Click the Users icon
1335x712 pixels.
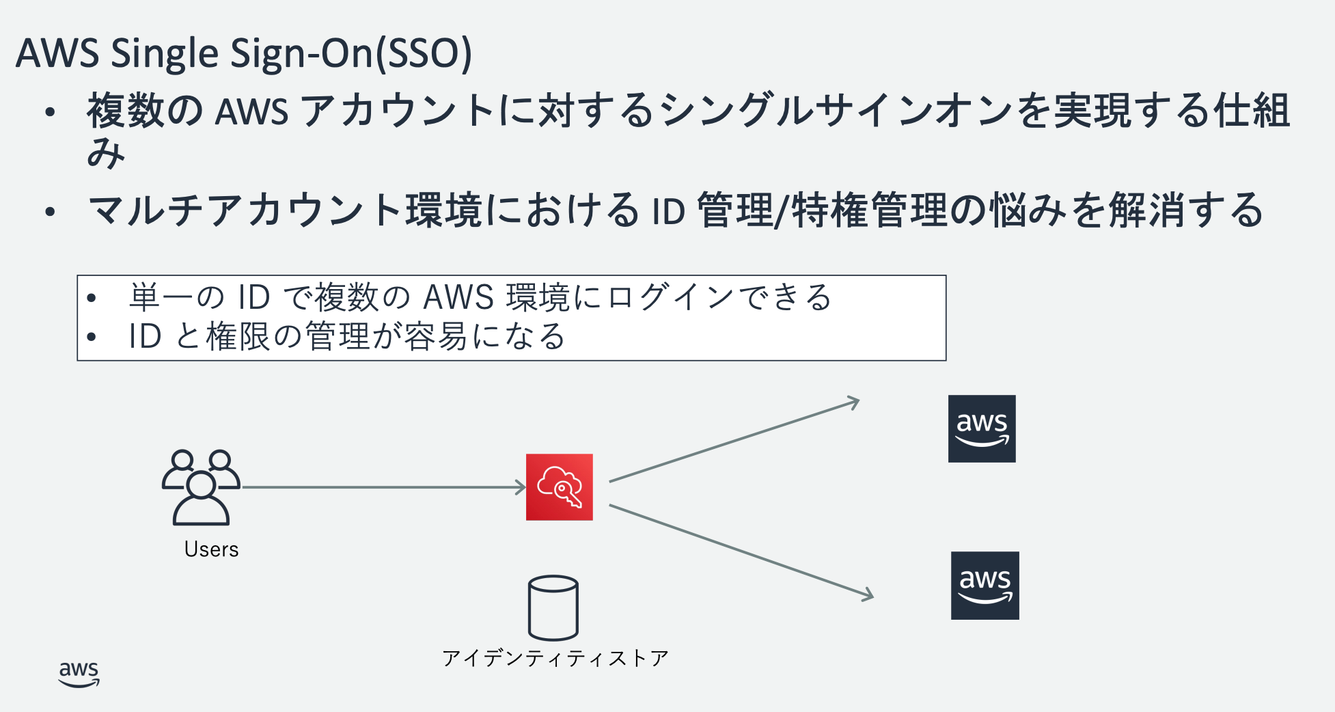201,487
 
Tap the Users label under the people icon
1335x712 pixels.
211,549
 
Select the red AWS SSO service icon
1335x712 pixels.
559,487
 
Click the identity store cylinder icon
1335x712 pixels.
553,607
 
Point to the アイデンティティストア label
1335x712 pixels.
555,658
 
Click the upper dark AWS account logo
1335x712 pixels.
982,429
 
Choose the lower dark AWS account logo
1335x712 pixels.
985,586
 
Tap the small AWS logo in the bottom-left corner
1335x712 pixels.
79,674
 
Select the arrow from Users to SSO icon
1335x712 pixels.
383,487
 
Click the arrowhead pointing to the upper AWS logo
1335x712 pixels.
853,402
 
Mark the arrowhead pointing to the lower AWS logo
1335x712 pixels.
867,594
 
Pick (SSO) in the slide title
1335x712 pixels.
424,53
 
